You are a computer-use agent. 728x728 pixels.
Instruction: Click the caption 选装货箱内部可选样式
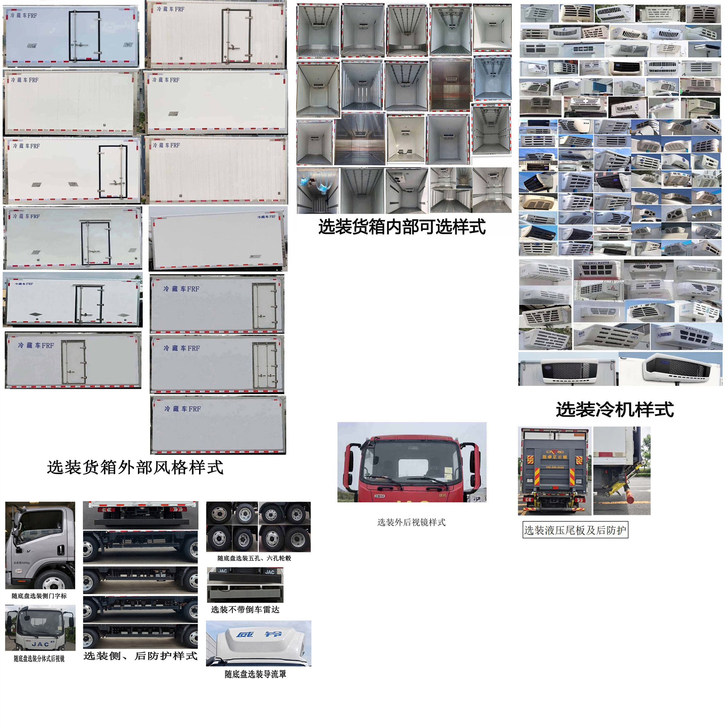pyautogui.click(x=402, y=227)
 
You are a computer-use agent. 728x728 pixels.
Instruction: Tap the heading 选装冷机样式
pyautogui.click(x=614, y=409)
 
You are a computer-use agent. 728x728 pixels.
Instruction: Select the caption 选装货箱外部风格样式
pyautogui.click(x=135, y=468)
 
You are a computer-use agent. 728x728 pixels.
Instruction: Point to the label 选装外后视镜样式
pyautogui.click(x=411, y=522)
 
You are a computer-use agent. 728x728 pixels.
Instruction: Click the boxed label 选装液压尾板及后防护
pyautogui.click(x=575, y=530)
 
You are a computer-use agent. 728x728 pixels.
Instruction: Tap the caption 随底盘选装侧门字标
pyautogui.click(x=39, y=596)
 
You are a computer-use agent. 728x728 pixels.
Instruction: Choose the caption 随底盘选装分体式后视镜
pyautogui.click(x=39, y=658)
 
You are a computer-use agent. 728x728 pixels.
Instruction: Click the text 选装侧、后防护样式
pyautogui.click(x=141, y=656)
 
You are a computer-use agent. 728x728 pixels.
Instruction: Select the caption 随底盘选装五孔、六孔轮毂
pyautogui.click(x=254, y=558)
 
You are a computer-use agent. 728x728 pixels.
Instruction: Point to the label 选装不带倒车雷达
pyautogui.click(x=245, y=609)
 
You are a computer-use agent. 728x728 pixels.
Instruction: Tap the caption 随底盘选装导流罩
pyautogui.click(x=256, y=674)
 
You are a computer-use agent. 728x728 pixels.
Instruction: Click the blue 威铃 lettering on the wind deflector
pyautogui.click(x=259, y=634)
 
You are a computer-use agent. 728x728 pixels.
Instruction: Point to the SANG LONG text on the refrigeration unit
pyautogui.click(x=697, y=331)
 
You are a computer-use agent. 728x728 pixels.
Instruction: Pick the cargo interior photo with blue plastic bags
pyautogui.click(x=317, y=191)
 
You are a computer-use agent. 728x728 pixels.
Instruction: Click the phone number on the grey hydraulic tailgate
pyautogui.click(x=555, y=467)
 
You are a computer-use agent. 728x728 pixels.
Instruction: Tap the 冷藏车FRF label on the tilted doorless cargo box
pyautogui.click(x=266, y=217)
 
